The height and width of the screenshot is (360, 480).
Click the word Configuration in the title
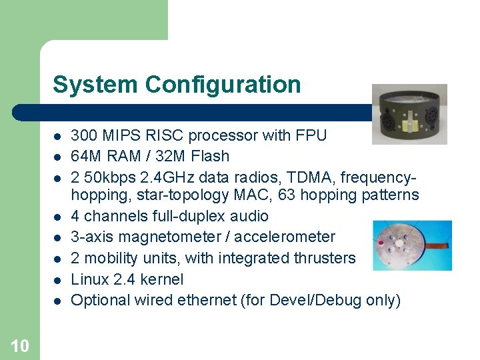(223, 85)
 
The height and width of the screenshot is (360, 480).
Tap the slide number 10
(20, 345)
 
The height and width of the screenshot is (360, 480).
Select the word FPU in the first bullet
(311, 135)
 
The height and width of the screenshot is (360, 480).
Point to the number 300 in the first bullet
(83, 135)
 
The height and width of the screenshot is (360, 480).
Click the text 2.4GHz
(159, 177)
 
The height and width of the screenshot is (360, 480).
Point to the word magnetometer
(170, 237)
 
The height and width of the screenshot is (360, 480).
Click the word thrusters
(322, 257)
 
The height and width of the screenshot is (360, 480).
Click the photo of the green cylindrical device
(409, 113)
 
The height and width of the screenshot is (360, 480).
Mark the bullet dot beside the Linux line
(57, 279)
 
